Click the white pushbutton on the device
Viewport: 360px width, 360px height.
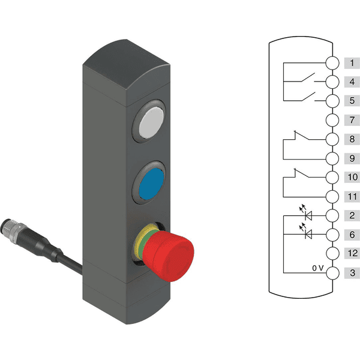(152, 123)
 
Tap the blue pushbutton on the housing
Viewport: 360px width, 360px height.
(152, 184)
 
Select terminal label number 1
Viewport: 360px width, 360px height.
(352, 63)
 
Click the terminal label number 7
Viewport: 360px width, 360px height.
(352, 120)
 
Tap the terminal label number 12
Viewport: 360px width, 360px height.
(352, 253)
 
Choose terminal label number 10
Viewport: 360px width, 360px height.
(352, 177)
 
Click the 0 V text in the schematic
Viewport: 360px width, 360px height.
(318, 268)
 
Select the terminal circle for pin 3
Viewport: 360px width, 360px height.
(332, 273)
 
